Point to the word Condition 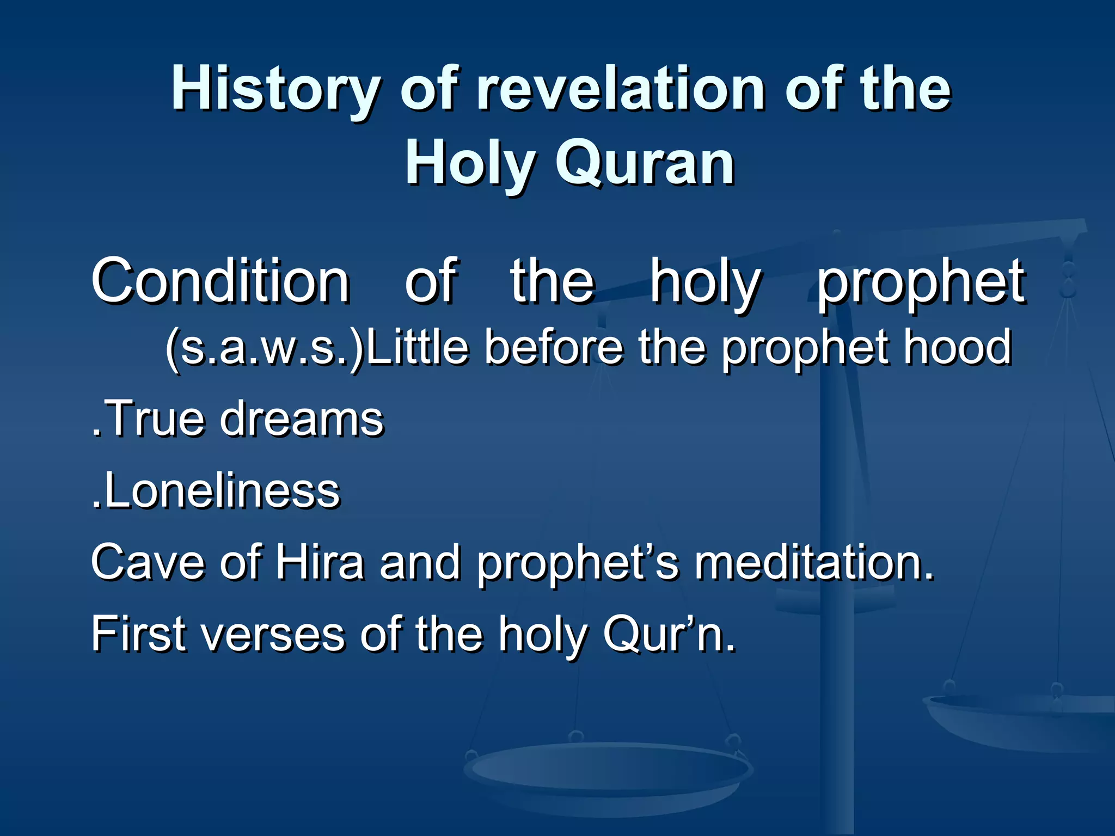click(x=220, y=281)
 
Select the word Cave click(x=148, y=563)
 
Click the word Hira click(x=319, y=563)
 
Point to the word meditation click(x=813, y=563)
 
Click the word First click(x=138, y=635)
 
